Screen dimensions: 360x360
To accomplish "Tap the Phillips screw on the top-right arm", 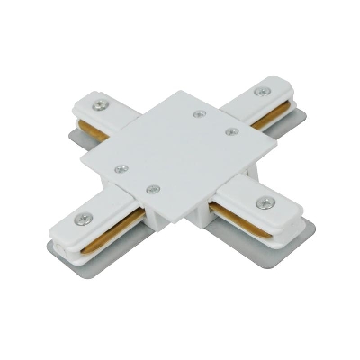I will (263, 91).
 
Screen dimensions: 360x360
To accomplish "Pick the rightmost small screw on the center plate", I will (231, 130).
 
